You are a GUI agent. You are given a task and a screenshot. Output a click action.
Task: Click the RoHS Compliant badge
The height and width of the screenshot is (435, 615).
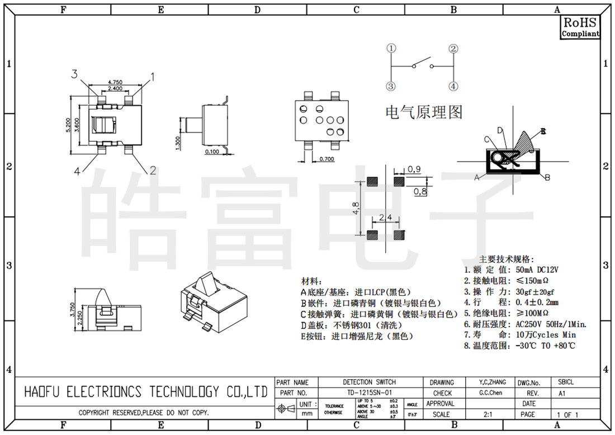pos(580,27)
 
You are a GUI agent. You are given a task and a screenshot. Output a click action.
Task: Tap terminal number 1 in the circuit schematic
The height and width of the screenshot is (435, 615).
pos(391,49)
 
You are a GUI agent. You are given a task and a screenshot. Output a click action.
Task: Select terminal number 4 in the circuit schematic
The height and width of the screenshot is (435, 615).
pos(453,86)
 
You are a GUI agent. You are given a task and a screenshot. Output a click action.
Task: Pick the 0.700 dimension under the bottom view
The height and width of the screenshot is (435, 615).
pos(327,159)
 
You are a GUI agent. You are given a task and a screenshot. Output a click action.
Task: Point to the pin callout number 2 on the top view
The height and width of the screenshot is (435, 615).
pos(152,171)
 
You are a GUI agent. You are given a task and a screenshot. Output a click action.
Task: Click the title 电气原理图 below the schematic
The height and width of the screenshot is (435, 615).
pos(424,112)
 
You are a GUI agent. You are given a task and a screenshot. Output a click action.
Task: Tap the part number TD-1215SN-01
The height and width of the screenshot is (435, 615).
pos(369,393)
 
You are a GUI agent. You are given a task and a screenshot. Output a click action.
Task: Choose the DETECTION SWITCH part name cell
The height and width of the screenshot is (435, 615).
pos(369,382)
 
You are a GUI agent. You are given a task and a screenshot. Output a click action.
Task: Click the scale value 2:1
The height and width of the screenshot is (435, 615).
pos(488,415)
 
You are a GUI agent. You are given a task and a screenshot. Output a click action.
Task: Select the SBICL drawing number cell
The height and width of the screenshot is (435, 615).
pos(566,382)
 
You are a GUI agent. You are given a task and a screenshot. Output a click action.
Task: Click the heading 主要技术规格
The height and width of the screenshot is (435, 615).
pos(499,259)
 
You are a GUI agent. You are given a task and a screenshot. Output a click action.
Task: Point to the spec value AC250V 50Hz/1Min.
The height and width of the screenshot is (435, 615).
pos(551,324)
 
